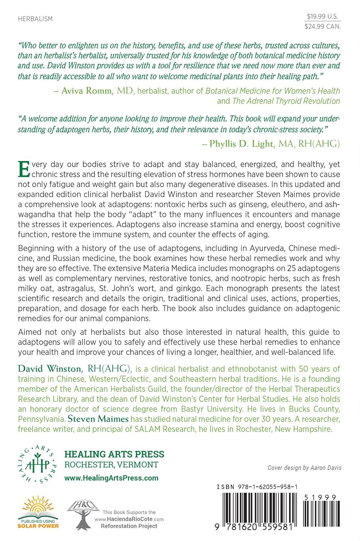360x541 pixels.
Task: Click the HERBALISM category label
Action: click(x=35, y=19)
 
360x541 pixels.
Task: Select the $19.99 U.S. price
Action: click(x=322, y=16)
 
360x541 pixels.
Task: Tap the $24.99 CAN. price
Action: click(x=322, y=26)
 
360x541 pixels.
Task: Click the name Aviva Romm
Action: click(x=86, y=91)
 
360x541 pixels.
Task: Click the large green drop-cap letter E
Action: click(x=24, y=170)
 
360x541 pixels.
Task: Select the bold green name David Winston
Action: click(x=50, y=369)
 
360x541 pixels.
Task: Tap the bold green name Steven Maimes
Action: click(x=98, y=419)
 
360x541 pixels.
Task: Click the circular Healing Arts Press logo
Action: click(x=37, y=465)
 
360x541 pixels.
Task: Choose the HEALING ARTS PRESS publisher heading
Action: click(x=114, y=454)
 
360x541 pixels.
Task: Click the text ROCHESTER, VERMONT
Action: click(x=111, y=465)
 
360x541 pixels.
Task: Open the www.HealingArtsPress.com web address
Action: click(x=111, y=478)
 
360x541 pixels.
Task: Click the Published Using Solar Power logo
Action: click(x=38, y=512)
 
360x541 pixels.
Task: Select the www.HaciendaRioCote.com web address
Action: click(x=129, y=519)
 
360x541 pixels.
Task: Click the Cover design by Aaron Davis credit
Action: click(x=304, y=468)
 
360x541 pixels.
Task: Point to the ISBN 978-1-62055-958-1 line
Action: click(x=257, y=487)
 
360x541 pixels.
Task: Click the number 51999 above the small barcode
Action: click(x=320, y=497)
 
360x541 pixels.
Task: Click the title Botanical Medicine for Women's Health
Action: click(x=272, y=91)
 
